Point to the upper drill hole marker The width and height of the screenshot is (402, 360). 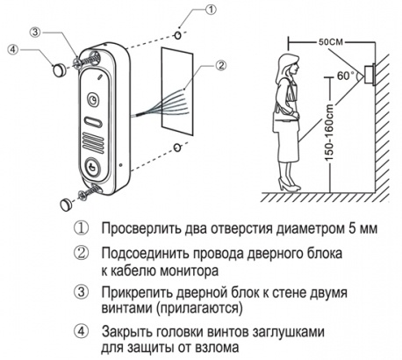(x=178, y=35)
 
